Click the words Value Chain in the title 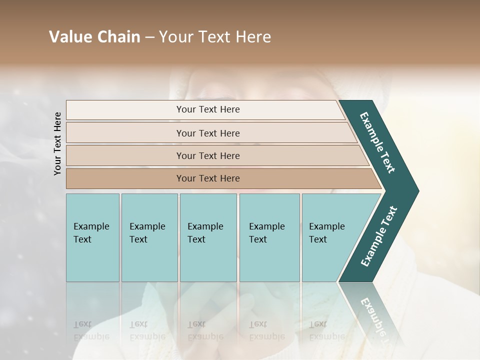click(94, 37)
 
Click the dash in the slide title click(149, 37)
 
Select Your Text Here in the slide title click(215, 37)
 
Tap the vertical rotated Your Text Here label click(58, 143)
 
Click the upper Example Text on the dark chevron click(377, 142)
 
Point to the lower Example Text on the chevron click(379, 236)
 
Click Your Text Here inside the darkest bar click(208, 178)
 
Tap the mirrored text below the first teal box click(91, 329)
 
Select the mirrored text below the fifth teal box click(326, 329)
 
